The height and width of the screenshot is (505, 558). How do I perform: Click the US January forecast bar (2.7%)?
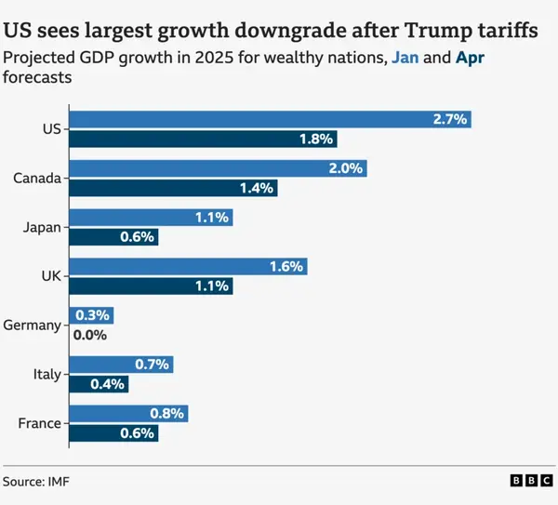(x=270, y=119)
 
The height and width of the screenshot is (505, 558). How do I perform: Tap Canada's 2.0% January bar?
(x=218, y=168)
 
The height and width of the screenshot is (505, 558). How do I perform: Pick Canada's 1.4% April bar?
(x=173, y=188)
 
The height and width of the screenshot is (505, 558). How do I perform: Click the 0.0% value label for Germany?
(x=89, y=336)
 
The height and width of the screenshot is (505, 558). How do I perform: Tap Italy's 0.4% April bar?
(x=99, y=384)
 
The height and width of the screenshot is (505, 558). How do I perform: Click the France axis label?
(x=39, y=424)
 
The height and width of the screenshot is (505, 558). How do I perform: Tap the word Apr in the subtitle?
(x=468, y=58)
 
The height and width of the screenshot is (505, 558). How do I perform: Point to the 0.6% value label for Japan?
(x=136, y=237)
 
